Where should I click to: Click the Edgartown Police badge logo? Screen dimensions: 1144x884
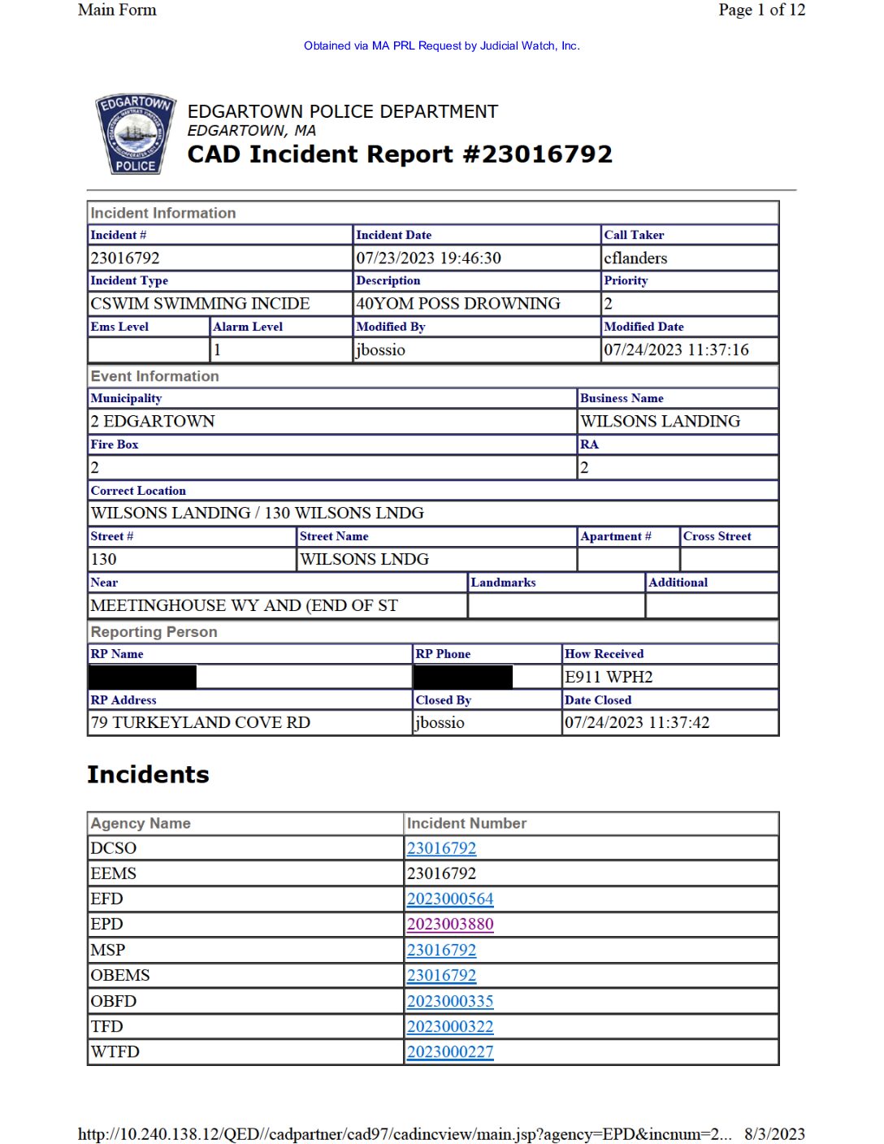coord(136,134)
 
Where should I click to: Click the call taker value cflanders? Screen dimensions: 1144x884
coord(635,258)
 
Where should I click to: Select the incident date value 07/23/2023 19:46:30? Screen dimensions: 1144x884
coord(428,258)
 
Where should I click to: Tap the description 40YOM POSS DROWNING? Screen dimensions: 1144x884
coord(458,304)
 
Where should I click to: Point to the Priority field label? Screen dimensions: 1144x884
coord(626,280)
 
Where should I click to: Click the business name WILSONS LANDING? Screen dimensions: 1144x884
coord(660,422)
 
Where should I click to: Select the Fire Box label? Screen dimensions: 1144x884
coord(115,444)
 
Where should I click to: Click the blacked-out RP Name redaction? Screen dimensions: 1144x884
coord(143,677)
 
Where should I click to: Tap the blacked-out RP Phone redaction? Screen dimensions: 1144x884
coord(463,677)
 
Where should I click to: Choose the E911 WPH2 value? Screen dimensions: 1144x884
coord(609,677)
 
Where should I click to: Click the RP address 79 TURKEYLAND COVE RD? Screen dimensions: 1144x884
coord(201,722)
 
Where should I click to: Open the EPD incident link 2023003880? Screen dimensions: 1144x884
coord(450,925)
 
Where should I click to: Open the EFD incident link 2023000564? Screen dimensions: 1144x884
coord(450,899)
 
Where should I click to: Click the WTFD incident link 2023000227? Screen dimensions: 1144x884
coord(450,1052)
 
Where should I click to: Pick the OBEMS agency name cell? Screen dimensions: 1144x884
coord(120,975)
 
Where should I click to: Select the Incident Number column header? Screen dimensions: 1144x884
coord(466,823)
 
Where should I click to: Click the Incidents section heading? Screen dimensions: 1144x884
coord(148,774)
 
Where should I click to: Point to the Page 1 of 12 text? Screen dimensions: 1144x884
coord(761,10)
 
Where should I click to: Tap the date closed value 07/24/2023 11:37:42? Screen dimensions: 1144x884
coord(637,722)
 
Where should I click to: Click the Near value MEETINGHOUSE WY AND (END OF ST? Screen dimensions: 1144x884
coord(244,605)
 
